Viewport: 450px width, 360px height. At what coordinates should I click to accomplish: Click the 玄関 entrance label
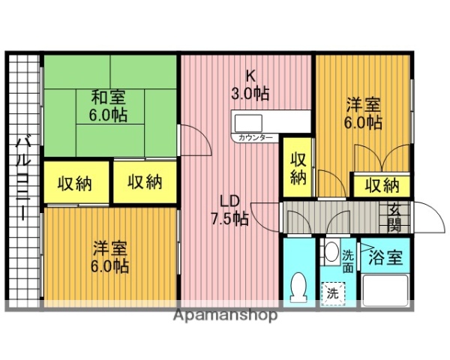point(394,217)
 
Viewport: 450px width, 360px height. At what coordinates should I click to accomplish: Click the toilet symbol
point(298,286)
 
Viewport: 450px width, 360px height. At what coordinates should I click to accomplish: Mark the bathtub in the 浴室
point(384,289)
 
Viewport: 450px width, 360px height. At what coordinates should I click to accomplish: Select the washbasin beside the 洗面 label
point(330,253)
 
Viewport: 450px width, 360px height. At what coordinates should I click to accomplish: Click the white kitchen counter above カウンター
point(270,121)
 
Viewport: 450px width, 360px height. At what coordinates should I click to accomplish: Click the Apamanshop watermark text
point(225,315)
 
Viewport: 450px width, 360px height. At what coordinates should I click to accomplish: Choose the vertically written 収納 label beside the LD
point(298,168)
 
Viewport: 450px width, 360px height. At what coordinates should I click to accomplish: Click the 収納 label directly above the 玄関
point(382,185)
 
